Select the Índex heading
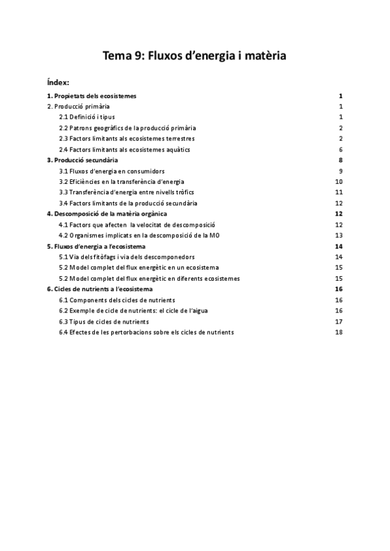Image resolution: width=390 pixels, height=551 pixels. (x=58, y=83)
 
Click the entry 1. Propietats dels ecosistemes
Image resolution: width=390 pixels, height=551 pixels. (x=92, y=96)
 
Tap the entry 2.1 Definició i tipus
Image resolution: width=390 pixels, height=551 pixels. (x=86, y=117)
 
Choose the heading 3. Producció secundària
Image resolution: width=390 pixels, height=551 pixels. (x=83, y=160)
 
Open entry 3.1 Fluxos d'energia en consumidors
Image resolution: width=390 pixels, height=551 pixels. (x=112, y=171)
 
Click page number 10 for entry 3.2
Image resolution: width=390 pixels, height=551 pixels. (x=338, y=181)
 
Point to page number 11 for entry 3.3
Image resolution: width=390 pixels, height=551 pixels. (x=338, y=192)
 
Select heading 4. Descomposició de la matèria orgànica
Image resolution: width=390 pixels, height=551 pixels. (x=107, y=214)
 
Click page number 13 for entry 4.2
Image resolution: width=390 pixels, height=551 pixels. (x=338, y=235)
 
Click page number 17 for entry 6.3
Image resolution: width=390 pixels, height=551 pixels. (x=338, y=322)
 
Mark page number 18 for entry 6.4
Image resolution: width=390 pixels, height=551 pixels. (x=338, y=332)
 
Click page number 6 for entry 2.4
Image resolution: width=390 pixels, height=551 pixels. (x=340, y=149)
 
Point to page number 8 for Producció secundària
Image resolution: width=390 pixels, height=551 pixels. (x=340, y=160)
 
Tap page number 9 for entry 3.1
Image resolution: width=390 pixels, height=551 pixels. (x=340, y=171)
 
